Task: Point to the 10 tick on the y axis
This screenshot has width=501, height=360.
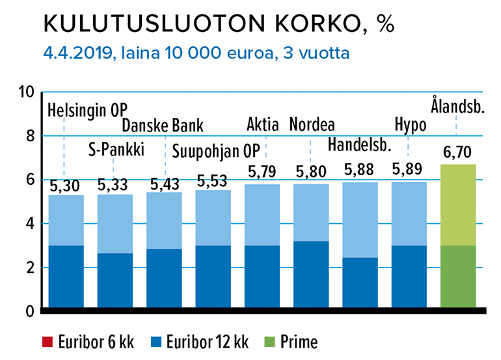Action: [26, 92]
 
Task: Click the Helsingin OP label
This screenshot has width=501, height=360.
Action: [88, 107]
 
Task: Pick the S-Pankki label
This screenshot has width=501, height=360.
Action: [115, 150]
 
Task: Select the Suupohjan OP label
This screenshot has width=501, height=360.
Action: [215, 150]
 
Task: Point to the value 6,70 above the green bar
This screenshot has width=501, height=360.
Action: [458, 154]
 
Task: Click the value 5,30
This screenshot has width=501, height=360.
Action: [66, 186]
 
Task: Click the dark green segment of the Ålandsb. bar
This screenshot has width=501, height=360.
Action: [458, 276]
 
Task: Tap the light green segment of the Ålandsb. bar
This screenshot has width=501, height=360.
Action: [458, 204]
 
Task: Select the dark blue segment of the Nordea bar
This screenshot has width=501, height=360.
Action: [311, 274]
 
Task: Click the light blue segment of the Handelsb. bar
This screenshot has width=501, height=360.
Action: [360, 219]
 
